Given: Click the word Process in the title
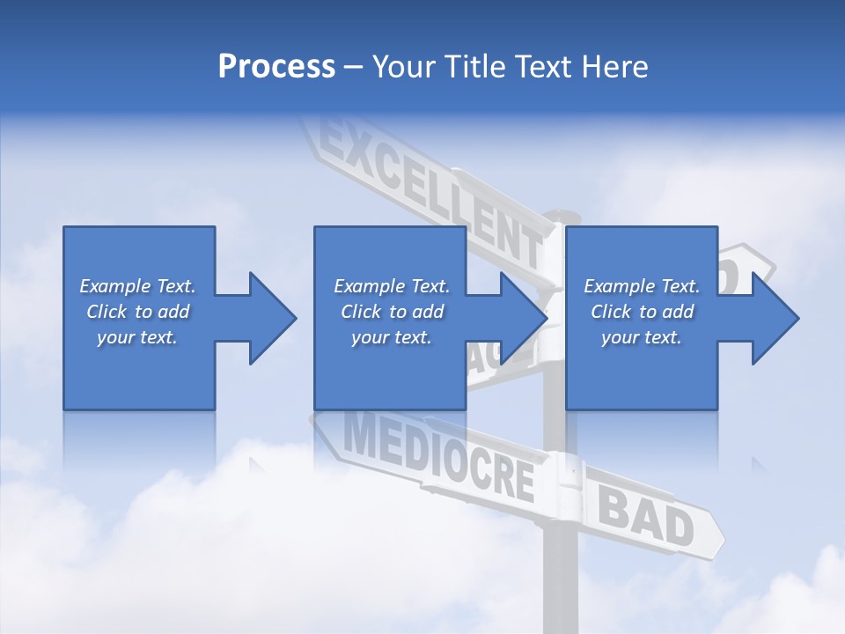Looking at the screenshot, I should point(276,67).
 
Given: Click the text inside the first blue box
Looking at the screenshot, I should point(137,312).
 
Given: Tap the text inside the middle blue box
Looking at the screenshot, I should point(391,312).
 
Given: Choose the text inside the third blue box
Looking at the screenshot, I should point(641,312).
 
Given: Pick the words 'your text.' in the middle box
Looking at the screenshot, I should point(391,337).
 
